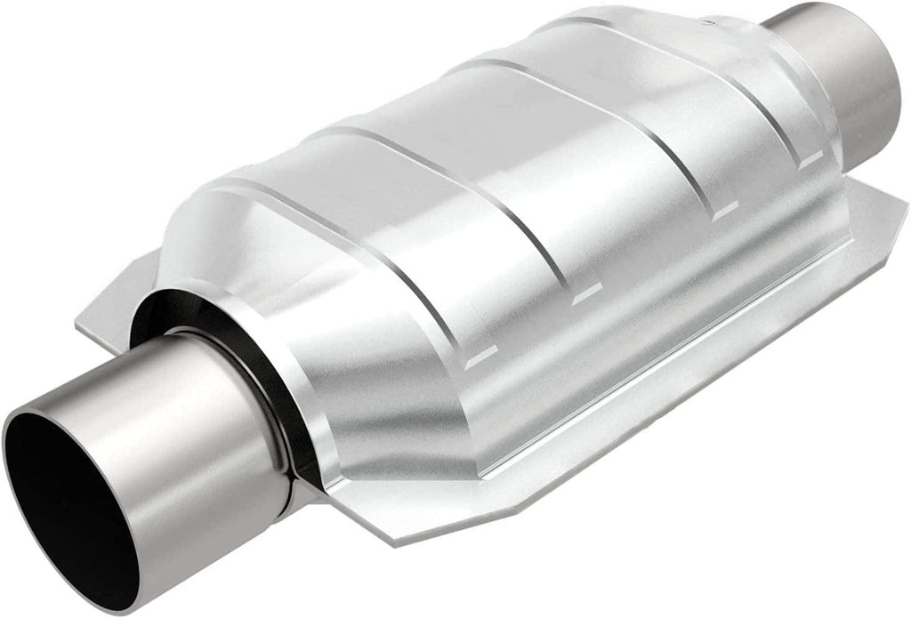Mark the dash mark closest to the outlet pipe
point(809,161)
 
